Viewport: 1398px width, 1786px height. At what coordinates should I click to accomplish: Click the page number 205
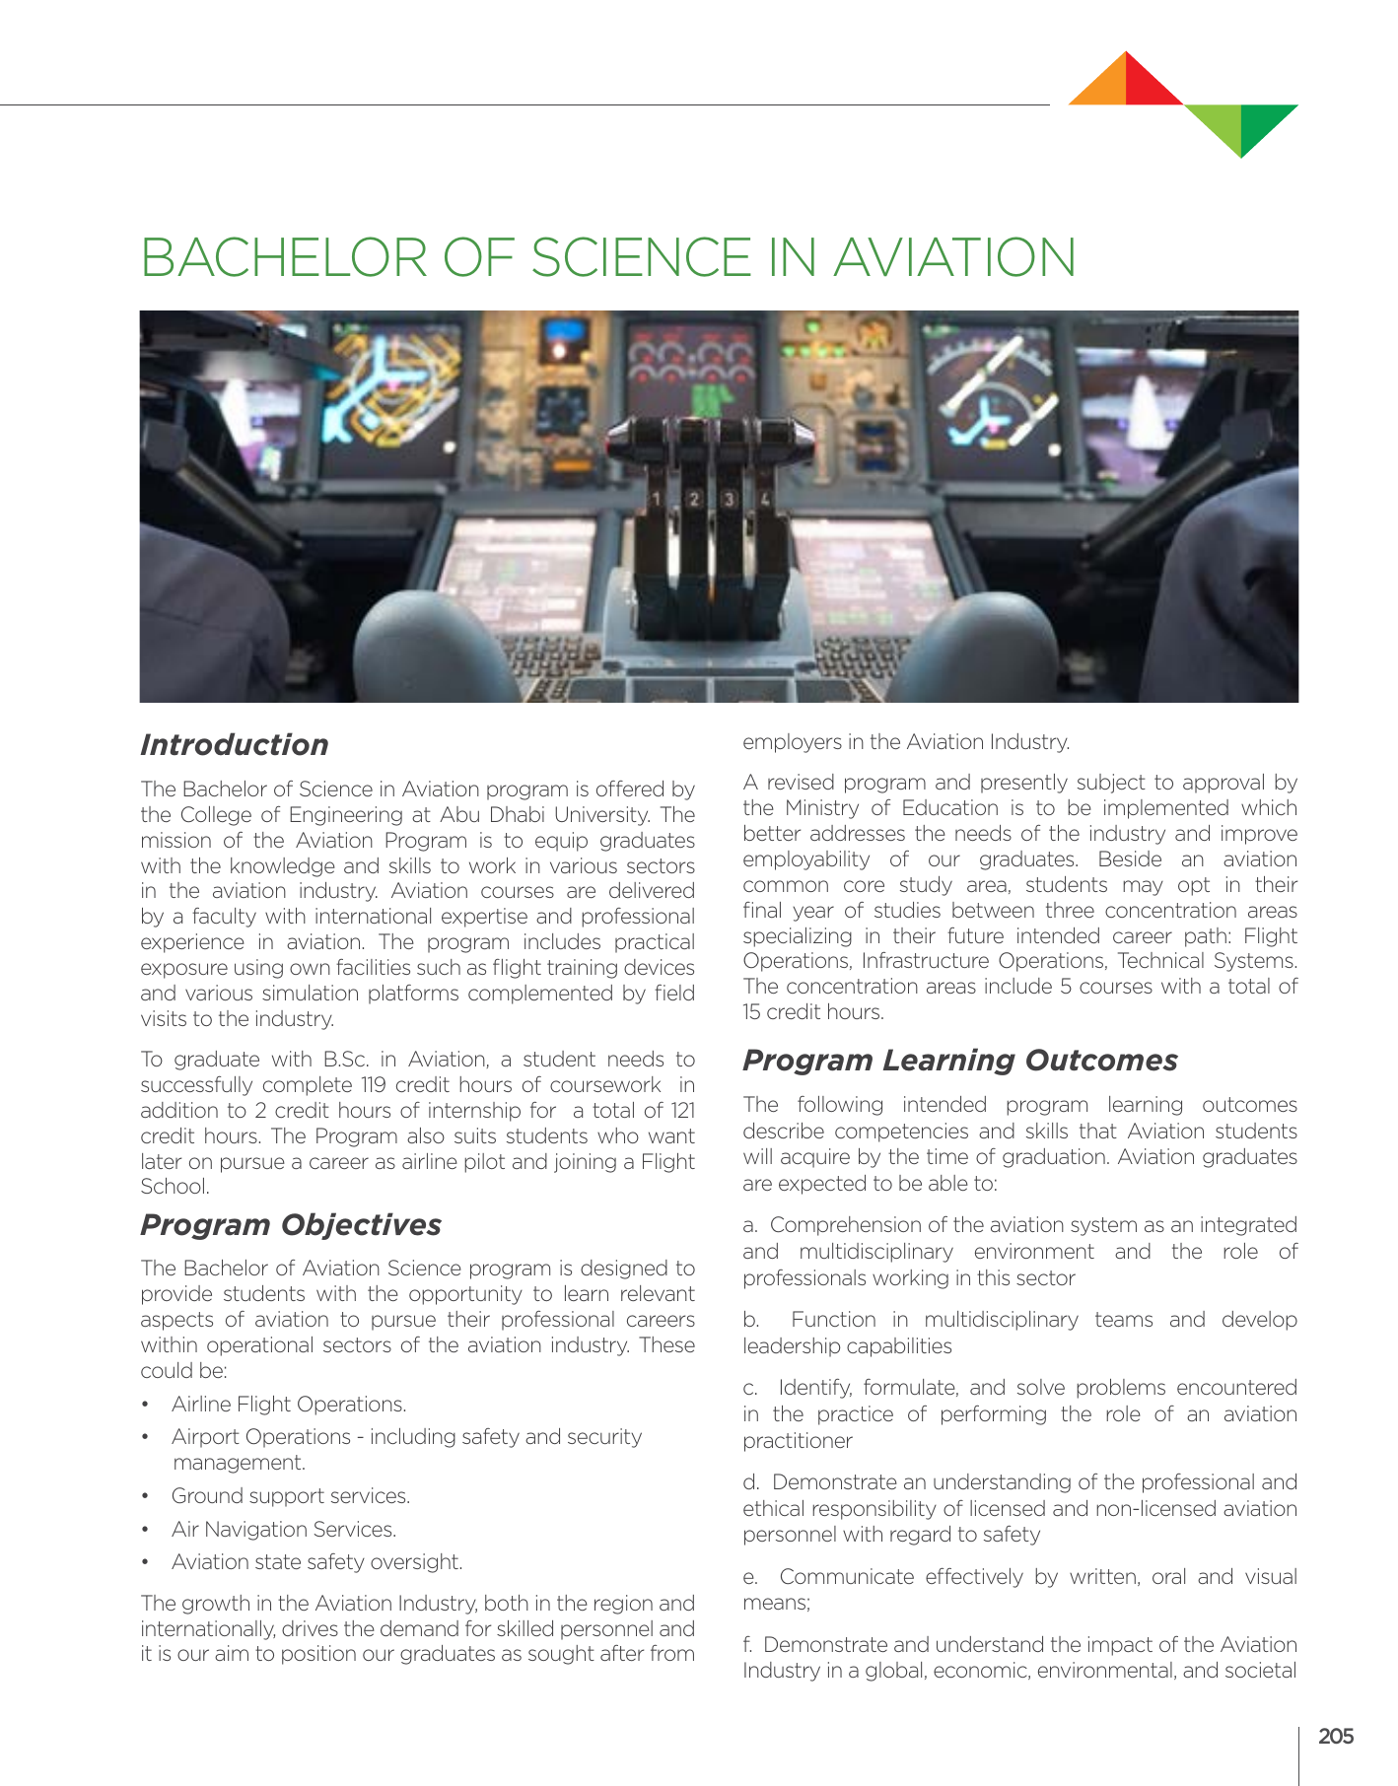click(1335, 1736)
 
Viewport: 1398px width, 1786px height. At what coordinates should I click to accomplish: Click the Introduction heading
click(234, 745)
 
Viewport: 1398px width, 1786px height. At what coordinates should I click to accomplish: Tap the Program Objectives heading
click(291, 1224)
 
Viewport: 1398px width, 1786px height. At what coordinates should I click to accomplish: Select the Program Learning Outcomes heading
click(959, 1061)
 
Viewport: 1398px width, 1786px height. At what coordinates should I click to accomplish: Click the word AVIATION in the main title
click(954, 257)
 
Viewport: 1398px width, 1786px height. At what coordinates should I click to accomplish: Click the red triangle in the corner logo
click(1149, 82)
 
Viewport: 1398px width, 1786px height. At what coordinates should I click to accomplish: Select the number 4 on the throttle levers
click(764, 499)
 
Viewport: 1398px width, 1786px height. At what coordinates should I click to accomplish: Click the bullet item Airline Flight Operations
click(289, 1404)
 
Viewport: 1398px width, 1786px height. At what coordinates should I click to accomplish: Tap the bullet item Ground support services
click(291, 1495)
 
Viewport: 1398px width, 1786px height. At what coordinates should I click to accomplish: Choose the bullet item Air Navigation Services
click(284, 1529)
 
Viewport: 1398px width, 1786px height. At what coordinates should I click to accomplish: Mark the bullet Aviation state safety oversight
click(316, 1561)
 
